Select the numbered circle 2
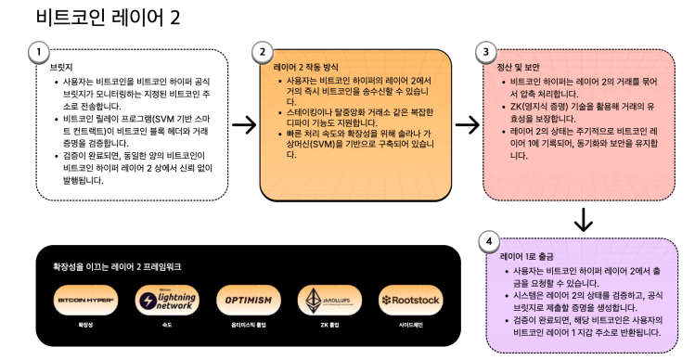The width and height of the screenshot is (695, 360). [x=263, y=52]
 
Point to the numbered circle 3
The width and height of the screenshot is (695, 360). [x=485, y=52]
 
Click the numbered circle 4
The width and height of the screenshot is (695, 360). [x=488, y=241]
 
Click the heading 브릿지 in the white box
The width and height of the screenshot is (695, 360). [x=61, y=68]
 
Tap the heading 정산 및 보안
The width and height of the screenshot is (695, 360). [x=520, y=67]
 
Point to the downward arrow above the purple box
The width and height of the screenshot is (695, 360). [x=584, y=219]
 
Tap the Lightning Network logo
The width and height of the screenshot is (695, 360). [x=167, y=301]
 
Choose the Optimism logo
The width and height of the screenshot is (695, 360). [x=249, y=301]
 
